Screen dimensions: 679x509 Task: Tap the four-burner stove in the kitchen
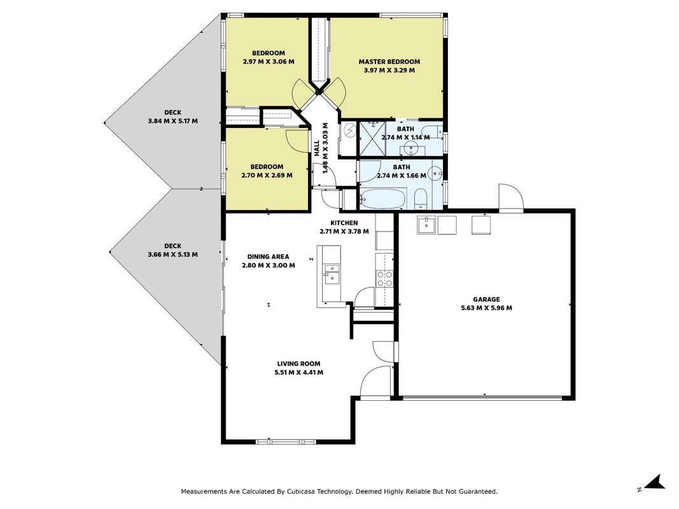click(x=384, y=278)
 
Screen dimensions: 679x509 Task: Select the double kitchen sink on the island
click(x=332, y=274)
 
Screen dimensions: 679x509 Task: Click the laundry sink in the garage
click(x=426, y=225)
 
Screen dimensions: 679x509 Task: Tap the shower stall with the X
click(x=372, y=138)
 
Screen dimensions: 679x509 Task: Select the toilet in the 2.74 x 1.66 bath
click(x=421, y=199)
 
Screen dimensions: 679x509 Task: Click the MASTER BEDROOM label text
click(x=389, y=62)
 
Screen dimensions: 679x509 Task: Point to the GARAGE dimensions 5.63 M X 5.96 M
click(x=486, y=308)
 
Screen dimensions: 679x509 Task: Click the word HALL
click(x=316, y=148)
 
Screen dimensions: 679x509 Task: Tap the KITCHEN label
click(x=344, y=223)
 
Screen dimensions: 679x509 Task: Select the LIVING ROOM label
click(x=299, y=363)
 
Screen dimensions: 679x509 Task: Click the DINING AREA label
click(x=268, y=256)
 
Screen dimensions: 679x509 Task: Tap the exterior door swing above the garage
click(x=512, y=197)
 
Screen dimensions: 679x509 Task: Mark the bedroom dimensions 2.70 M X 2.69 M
click(x=267, y=176)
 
